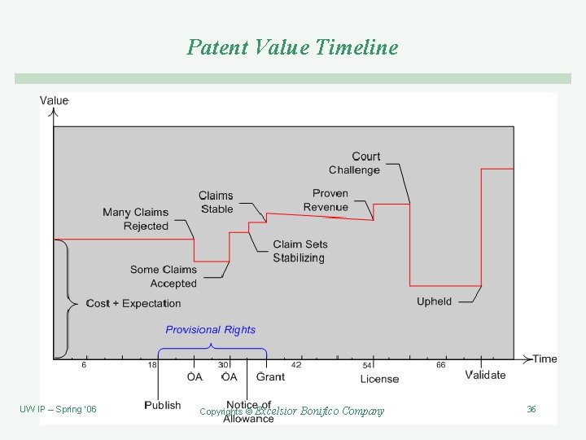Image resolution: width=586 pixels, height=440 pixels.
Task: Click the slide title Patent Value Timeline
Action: pos(293,47)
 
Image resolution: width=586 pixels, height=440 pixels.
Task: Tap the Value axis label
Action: pos(55,101)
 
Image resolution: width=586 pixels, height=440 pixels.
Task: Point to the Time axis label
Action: pos(544,359)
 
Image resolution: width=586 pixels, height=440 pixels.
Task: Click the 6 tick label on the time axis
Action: pos(84,366)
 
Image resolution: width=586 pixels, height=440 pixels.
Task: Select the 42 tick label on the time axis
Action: pos(296,366)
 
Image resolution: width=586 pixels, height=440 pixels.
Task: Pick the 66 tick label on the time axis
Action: pos(440,366)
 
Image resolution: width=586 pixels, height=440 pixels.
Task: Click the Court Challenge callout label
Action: pos(355,163)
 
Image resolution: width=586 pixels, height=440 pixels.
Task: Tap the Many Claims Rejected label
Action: pos(136,219)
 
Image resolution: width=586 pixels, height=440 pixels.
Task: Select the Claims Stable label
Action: pos(216,202)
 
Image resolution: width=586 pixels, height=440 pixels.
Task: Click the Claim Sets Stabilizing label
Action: pos(299,251)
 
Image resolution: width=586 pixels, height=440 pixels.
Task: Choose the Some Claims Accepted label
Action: pos(164,276)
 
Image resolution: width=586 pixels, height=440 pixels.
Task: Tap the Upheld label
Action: pos(434,301)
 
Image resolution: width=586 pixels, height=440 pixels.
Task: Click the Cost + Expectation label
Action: pos(133,303)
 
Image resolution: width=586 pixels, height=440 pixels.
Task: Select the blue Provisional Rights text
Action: pos(211,330)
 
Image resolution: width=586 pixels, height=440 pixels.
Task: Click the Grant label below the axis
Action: pos(271,376)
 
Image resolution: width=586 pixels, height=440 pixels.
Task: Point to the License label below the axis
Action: pos(379,379)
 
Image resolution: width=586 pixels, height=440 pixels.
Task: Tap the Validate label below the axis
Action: pos(486,375)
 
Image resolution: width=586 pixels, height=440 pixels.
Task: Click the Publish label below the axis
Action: pos(163,405)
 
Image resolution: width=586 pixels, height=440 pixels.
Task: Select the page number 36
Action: pos(531,409)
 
